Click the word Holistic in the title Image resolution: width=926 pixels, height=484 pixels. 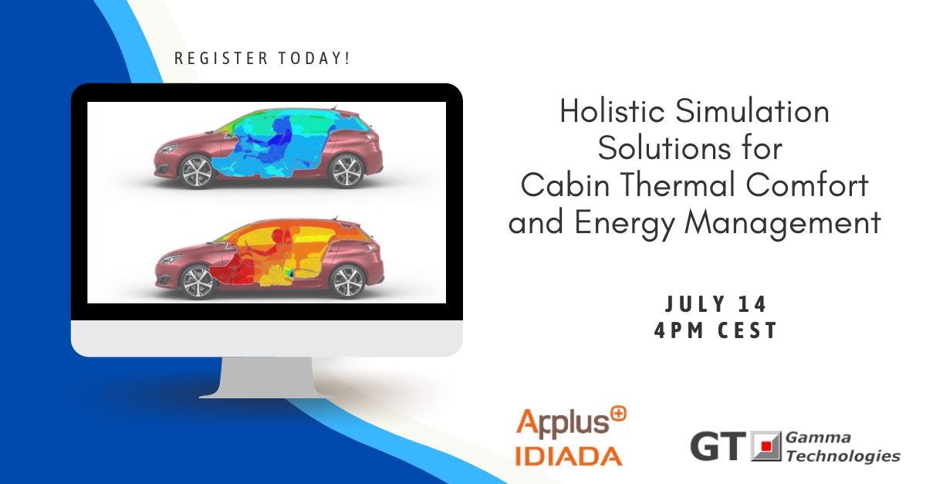[x=611, y=112]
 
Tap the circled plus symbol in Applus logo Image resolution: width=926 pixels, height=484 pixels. [x=617, y=415]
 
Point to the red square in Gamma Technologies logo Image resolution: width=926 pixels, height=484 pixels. [x=766, y=447]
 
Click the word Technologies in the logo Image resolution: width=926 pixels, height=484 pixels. [x=843, y=456]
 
